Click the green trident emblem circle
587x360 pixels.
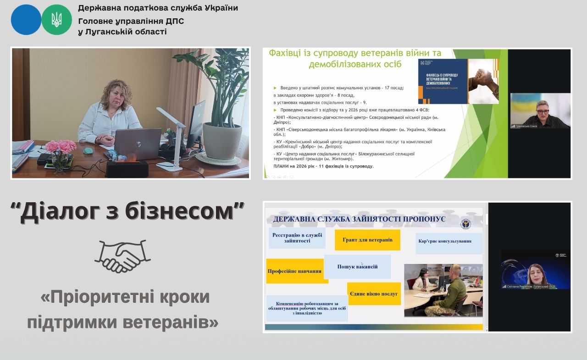(x=56, y=20)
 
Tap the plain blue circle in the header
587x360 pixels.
(x=26, y=20)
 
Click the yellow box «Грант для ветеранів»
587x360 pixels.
(x=367, y=240)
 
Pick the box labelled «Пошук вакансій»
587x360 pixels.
(x=357, y=266)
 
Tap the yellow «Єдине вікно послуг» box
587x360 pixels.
(x=374, y=294)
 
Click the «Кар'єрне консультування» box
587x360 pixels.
(x=450, y=243)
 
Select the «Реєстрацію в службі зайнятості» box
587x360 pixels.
(x=297, y=238)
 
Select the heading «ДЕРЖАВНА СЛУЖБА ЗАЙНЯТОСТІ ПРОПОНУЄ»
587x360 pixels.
(x=359, y=219)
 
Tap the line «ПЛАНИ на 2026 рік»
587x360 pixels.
(x=324, y=166)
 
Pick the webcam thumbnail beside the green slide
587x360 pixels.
(x=540, y=111)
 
